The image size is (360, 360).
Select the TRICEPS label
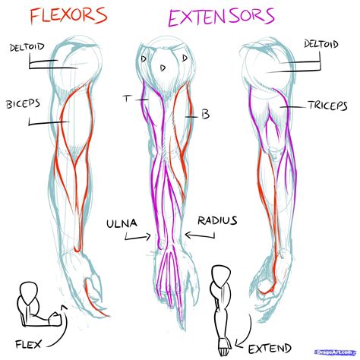tap(328, 106)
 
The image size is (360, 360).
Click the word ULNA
tap(124, 222)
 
